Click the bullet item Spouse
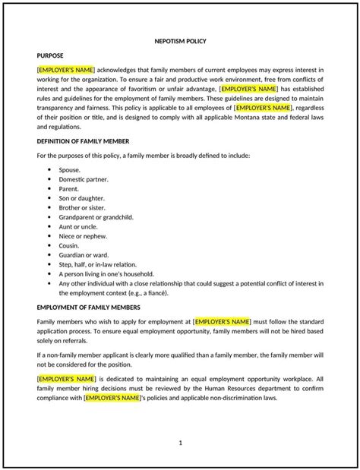(70, 169)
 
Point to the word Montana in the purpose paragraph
(241, 118)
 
